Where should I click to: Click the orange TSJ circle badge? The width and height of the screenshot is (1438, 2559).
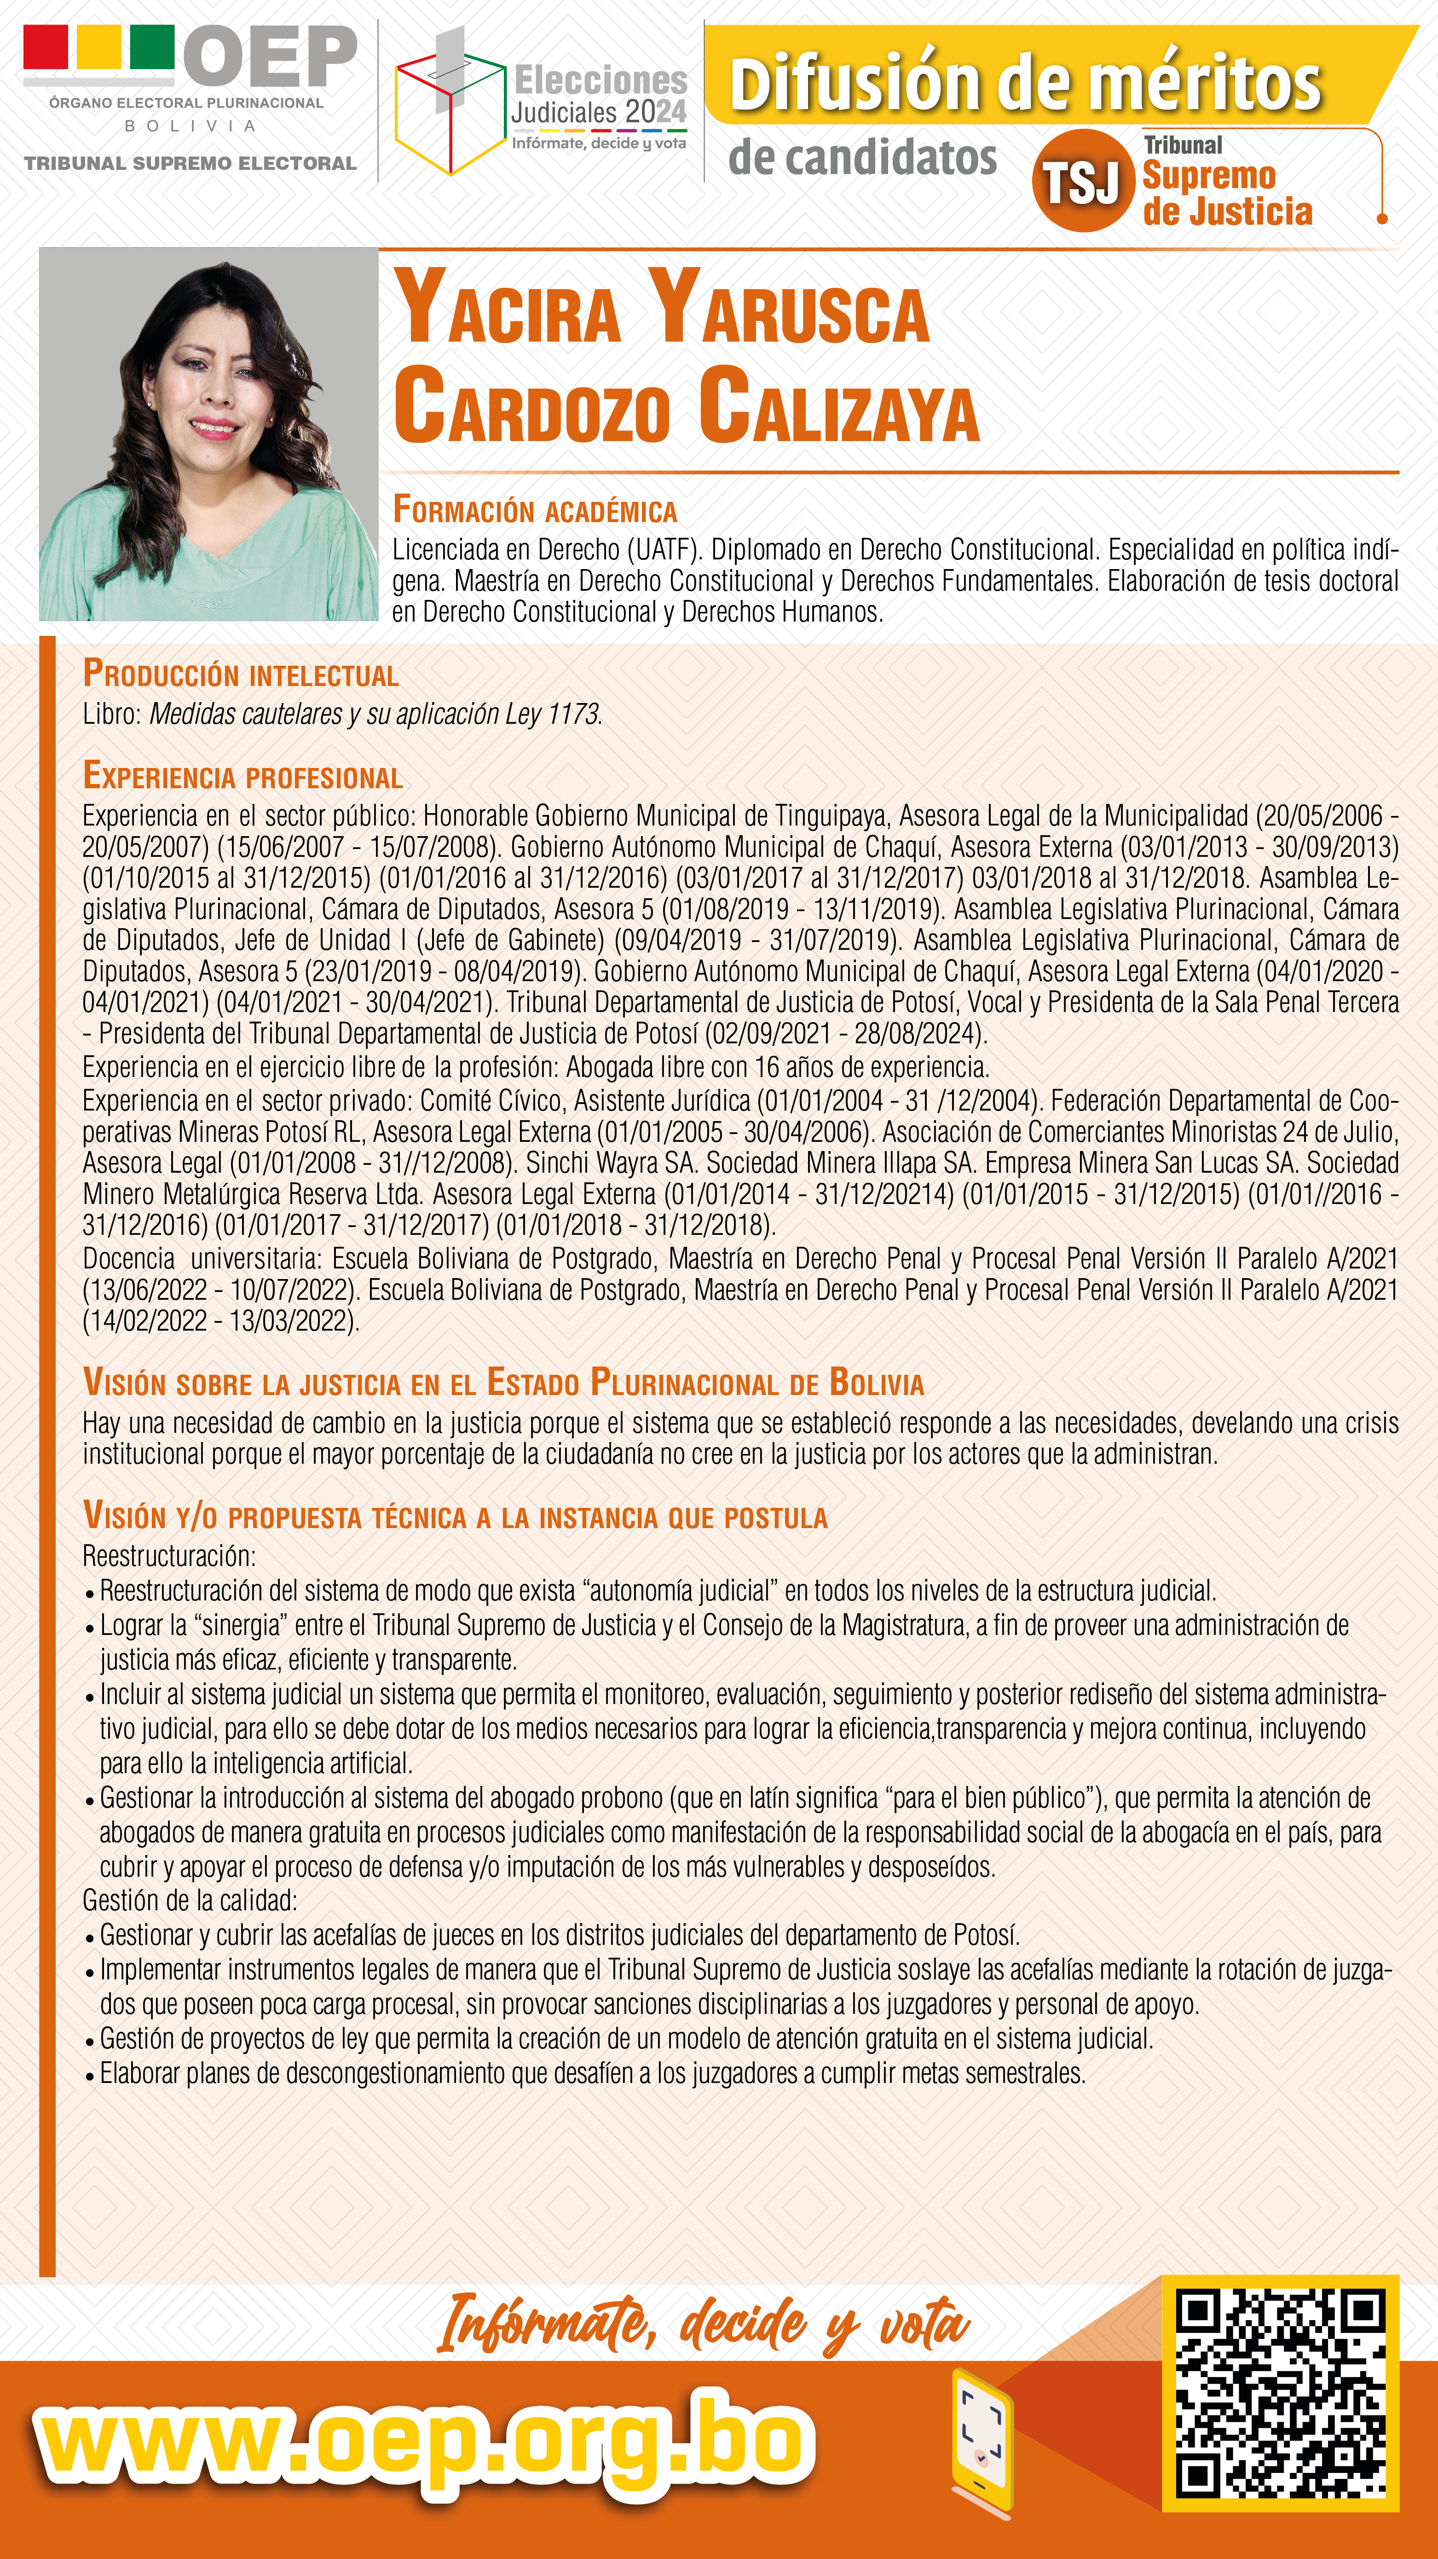click(x=1082, y=181)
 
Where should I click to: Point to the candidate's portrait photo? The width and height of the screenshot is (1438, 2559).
click(x=208, y=434)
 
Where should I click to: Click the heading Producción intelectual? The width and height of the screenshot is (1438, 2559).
click(x=240, y=675)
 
